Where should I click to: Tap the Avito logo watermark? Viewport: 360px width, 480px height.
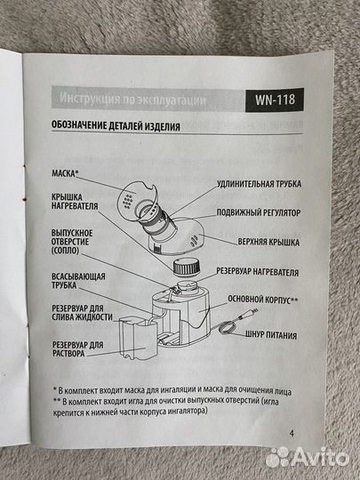[x=308, y=457]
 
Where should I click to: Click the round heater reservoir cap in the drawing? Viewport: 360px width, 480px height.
[x=187, y=266]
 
